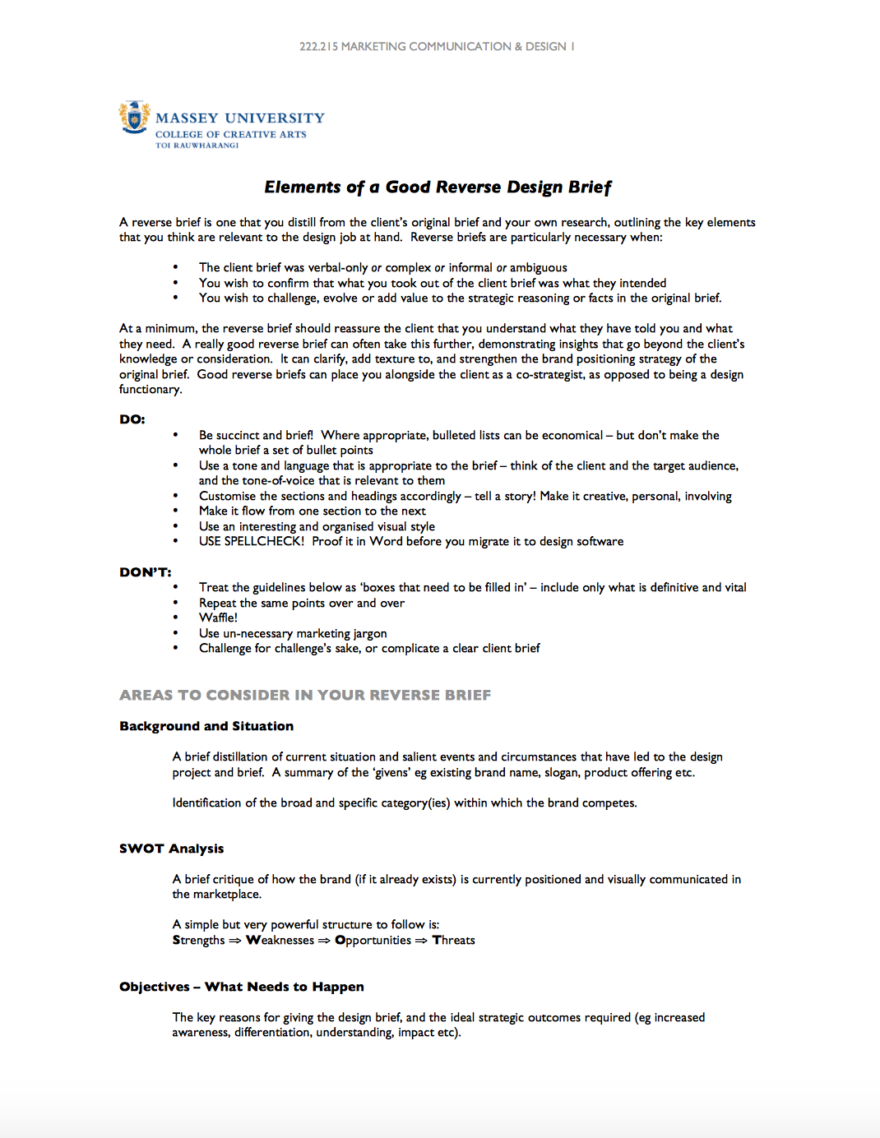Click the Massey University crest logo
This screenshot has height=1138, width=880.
pos(134,118)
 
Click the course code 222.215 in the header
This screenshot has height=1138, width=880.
pos(318,47)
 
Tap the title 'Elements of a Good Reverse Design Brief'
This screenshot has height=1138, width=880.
pos(438,187)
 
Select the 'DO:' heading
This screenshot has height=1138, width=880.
pos(132,419)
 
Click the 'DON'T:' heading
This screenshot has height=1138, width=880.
pos(146,572)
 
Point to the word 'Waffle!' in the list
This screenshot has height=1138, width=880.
pos(218,618)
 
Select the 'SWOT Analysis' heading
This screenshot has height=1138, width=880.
pos(171,849)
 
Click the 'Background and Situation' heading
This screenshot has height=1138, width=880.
pos(206,726)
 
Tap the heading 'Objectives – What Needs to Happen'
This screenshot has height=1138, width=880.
pos(242,987)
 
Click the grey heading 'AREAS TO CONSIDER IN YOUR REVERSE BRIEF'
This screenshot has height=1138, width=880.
pos(305,696)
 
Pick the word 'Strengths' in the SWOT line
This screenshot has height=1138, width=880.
pos(198,940)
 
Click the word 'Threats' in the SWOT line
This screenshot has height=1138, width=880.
pos(454,940)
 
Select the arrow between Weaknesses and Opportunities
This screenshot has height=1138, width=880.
pos(324,941)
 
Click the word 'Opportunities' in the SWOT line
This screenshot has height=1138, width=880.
pos(373,940)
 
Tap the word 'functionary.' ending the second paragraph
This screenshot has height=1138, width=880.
pos(151,389)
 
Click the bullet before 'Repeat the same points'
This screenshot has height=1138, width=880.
pos(175,603)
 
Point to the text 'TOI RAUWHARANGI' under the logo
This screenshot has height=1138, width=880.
pos(197,146)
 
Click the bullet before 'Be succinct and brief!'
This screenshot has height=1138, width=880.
pos(175,435)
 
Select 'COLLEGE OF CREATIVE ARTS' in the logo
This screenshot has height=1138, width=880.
pos(230,134)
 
